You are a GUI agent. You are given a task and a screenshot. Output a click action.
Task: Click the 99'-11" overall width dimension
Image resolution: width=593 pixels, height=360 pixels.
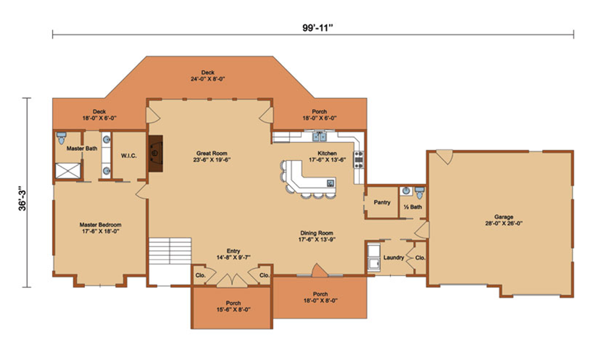tap(317, 28)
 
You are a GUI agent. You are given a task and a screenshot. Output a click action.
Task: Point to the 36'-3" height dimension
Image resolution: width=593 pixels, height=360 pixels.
tap(23, 197)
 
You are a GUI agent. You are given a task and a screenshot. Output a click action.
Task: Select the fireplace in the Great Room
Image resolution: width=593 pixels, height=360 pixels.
tap(155, 153)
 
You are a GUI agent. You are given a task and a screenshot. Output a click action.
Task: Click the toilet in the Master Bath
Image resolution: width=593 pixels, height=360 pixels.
tap(61, 138)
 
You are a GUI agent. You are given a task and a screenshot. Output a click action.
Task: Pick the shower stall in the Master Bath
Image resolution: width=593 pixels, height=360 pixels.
tap(68, 171)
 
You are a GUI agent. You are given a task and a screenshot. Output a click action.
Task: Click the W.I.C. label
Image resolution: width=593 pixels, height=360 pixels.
tap(129, 156)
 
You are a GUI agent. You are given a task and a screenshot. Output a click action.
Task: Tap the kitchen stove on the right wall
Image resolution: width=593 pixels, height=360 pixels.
tap(359, 159)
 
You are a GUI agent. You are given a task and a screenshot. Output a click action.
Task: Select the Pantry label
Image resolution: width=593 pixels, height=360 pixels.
tap(382, 202)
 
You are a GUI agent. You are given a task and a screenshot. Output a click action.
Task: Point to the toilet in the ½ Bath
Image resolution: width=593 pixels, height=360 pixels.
tap(419, 192)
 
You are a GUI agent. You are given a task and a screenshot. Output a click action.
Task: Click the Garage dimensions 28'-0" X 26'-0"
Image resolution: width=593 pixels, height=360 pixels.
tap(503, 223)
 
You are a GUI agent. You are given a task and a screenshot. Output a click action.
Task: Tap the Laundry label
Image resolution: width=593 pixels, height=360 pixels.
tap(394, 257)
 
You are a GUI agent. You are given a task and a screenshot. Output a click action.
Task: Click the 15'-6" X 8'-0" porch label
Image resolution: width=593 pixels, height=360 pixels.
tap(233, 310)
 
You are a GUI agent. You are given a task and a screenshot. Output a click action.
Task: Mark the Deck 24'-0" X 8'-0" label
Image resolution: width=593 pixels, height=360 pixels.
tap(208, 76)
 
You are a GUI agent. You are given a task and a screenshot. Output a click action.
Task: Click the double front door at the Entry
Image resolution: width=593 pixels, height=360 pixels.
tap(232, 281)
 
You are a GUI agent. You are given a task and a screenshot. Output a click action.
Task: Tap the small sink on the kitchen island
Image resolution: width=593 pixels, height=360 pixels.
tap(330, 183)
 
